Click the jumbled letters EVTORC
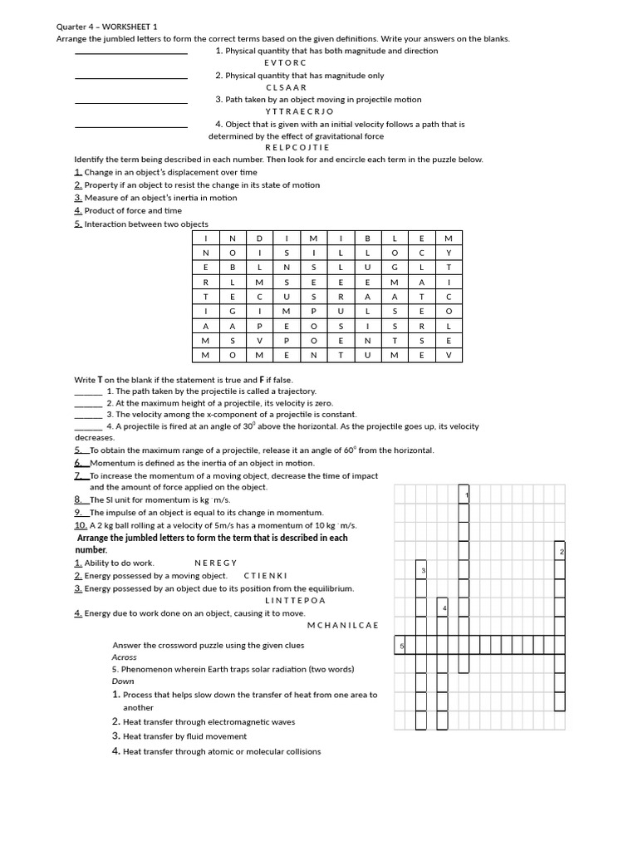[285, 62]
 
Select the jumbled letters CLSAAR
[286, 86]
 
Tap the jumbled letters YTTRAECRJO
[299, 111]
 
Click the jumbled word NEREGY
[216, 563]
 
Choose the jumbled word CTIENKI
[265, 575]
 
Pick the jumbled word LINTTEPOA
[296, 600]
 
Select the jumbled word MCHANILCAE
[342, 624]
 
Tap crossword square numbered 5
[400, 646]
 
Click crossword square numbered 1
[465, 495]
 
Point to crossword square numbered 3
[421, 570]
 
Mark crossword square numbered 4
[443, 608]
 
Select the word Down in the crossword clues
[123, 681]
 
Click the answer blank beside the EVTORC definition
[130, 53]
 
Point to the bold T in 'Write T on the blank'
[100, 380]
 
